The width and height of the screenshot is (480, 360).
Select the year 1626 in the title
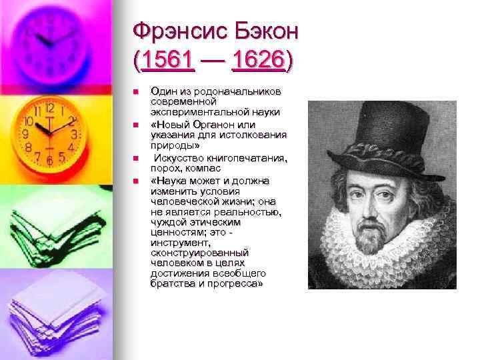coord(259,62)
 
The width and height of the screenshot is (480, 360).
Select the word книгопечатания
coord(246,157)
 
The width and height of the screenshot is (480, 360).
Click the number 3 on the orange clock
coord(74,134)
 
